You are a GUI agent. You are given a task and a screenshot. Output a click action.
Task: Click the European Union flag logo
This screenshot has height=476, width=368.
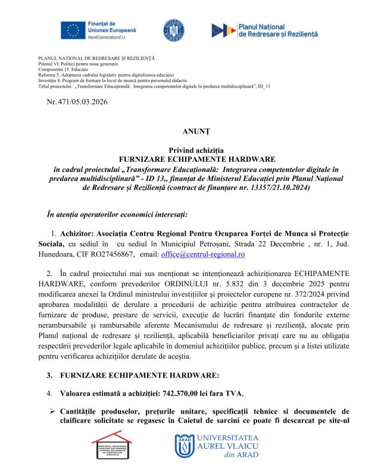click(75, 30)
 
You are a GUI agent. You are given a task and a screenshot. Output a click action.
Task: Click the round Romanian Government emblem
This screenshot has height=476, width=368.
click(173, 30)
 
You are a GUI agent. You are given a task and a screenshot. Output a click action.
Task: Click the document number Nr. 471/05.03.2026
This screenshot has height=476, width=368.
click(77, 102)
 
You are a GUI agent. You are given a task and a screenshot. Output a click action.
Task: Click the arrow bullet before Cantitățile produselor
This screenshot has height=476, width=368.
click(52, 411)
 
